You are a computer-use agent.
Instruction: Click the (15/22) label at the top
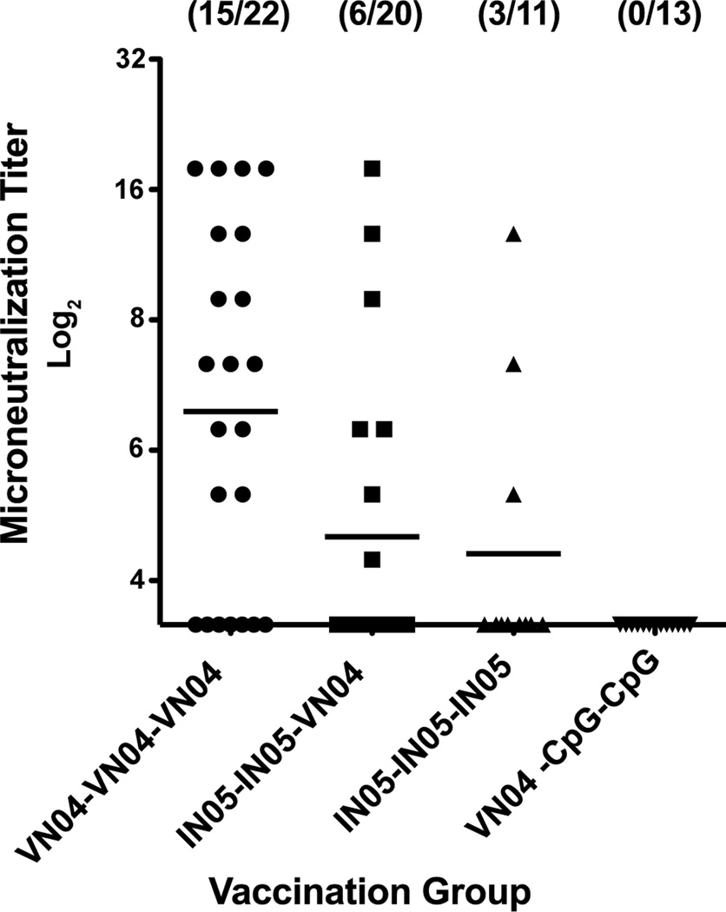(230, 16)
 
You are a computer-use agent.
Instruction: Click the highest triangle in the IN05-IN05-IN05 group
(512, 234)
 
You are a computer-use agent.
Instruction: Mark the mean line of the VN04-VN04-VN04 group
(230, 411)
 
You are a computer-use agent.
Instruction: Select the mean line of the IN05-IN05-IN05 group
(512, 553)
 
